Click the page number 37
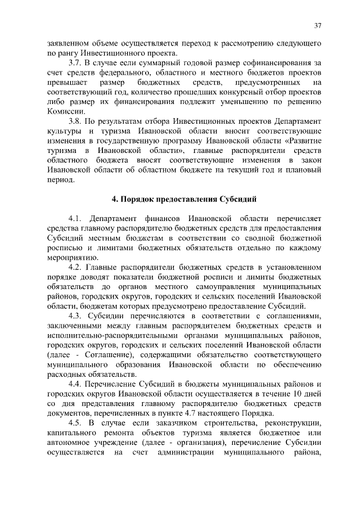pyautogui.click(x=317, y=25)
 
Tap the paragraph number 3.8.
pyautogui.click(x=75, y=122)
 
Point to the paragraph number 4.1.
pyautogui.click(x=75, y=218)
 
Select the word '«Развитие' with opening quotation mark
pyautogui.click(x=298, y=142)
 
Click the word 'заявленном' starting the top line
pyautogui.click(x=67, y=43)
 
